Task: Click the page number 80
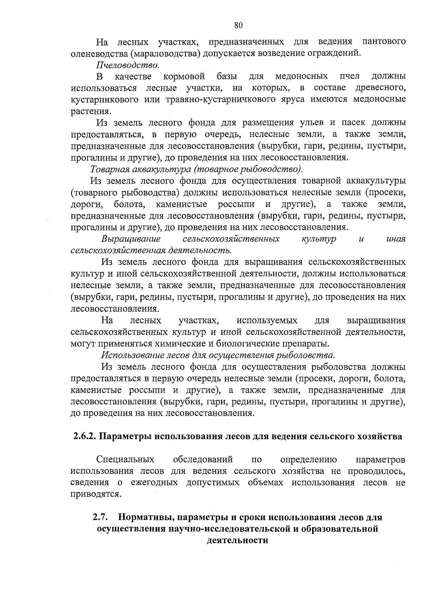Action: click(x=239, y=25)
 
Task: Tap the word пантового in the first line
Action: click(x=384, y=42)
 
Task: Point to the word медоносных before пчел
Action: click(x=302, y=77)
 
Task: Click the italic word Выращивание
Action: click(x=131, y=239)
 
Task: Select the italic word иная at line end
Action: click(x=396, y=239)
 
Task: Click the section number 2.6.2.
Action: click(x=84, y=437)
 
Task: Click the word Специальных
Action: click(x=125, y=460)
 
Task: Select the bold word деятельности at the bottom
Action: click(x=237, y=540)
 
